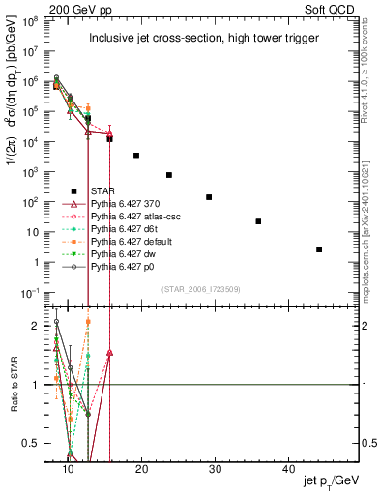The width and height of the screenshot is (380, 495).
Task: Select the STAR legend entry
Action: click(x=103, y=189)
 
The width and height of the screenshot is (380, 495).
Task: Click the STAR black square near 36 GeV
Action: click(x=258, y=221)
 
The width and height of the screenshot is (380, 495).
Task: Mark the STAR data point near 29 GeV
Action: click(x=209, y=197)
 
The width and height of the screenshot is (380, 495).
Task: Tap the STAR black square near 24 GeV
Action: click(x=169, y=175)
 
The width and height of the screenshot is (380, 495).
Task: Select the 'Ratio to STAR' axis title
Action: click(x=14, y=384)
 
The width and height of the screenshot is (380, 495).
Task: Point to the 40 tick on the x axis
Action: click(x=289, y=467)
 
